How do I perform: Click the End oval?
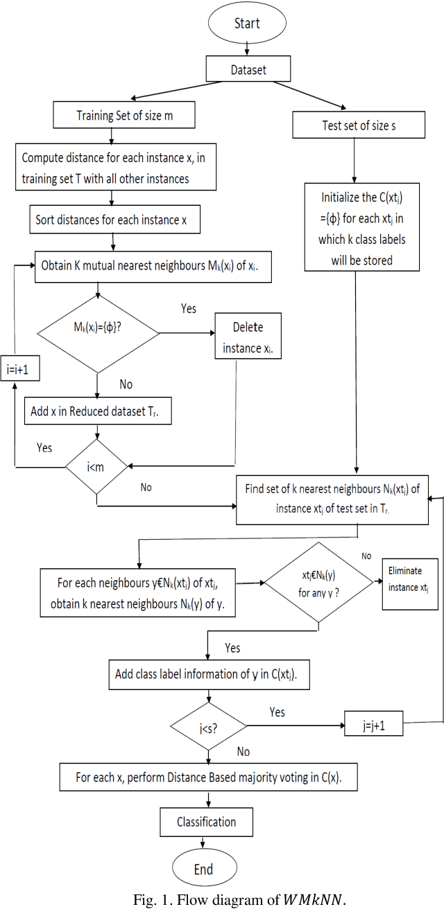pyautogui.click(x=203, y=868)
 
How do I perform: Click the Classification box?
pyautogui.click(x=206, y=822)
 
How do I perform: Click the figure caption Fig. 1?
pyautogui.click(x=222, y=897)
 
